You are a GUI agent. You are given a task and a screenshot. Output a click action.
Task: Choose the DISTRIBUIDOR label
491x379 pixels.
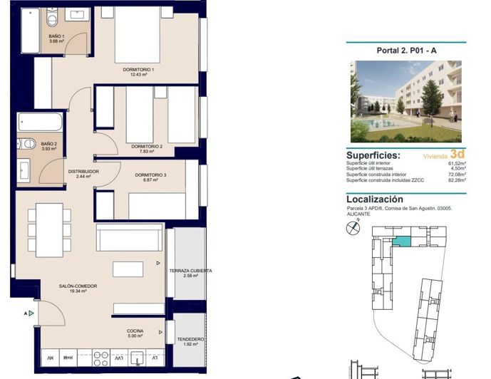(83, 173)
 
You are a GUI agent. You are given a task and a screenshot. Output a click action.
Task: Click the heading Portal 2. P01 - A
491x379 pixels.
(406, 51)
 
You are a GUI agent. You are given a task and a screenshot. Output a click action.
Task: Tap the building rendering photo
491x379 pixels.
(405, 101)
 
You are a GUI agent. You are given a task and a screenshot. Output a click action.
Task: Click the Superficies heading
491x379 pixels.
(373, 155)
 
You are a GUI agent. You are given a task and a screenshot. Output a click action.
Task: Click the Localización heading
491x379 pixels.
(374, 199)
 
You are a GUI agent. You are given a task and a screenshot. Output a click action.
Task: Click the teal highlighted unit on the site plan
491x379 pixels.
(403, 242)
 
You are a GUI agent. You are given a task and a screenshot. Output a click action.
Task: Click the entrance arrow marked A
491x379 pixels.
(30, 313)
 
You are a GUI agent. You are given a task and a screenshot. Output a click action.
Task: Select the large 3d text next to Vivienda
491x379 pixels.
(458, 153)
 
